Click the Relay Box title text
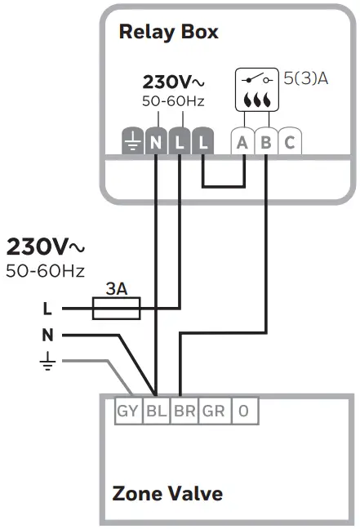click(168, 33)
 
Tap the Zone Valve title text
click(167, 494)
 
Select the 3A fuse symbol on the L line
click(116, 308)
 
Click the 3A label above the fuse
click(116, 289)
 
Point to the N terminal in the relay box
click(156, 143)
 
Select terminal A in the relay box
click(242, 143)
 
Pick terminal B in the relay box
click(266, 143)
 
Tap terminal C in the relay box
click(289, 143)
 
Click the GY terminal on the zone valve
click(127, 411)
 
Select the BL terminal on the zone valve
click(156, 411)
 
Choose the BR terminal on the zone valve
click(184, 411)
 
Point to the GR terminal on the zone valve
click(214, 411)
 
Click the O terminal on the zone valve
click(242, 411)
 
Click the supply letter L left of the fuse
click(47, 309)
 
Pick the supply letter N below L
click(47, 335)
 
